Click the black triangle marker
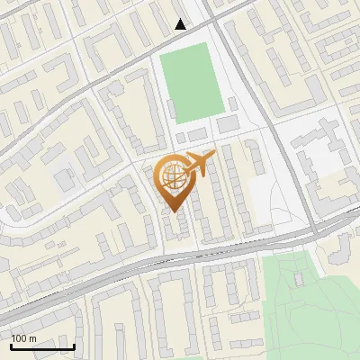pyautogui.click(x=181, y=24)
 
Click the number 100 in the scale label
pyautogui.click(x=19, y=338)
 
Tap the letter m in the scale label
pyautogui.click(x=32, y=338)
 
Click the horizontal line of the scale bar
pyautogui.click(x=42, y=346)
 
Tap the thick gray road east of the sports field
pyautogui.click(x=261, y=99)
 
